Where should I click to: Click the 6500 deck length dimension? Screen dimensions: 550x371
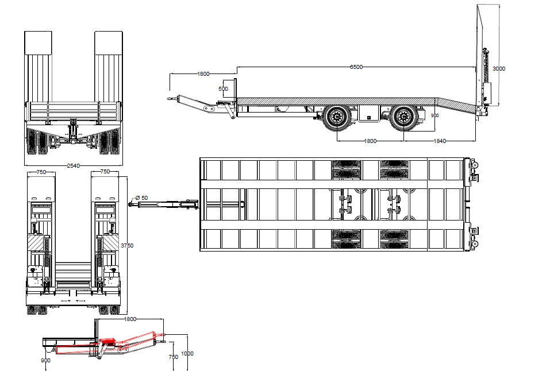click(x=356, y=67)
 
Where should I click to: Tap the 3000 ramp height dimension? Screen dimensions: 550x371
click(x=499, y=69)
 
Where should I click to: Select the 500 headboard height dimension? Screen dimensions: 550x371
click(x=223, y=88)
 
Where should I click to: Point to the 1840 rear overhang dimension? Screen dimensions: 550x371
click(x=440, y=141)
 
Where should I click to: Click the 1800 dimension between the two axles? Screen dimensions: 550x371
click(x=370, y=141)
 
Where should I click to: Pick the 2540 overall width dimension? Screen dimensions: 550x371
click(x=74, y=165)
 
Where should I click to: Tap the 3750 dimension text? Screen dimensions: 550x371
click(x=127, y=245)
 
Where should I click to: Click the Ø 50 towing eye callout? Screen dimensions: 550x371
click(x=142, y=198)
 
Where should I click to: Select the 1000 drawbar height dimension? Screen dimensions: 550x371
click(x=187, y=353)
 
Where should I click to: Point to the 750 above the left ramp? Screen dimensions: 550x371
click(x=41, y=172)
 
